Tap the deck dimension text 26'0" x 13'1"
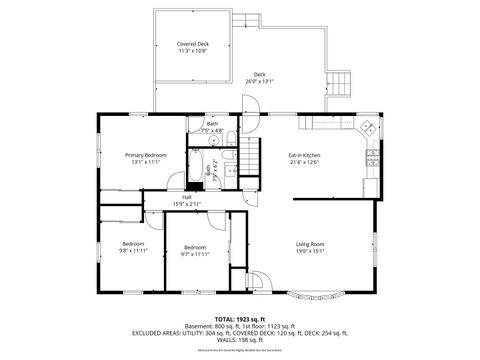(259, 81)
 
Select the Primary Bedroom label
(145, 155)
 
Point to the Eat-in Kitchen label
(304, 155)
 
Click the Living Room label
(309, 243)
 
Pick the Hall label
(186, 197)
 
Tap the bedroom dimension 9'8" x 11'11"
(133, 251)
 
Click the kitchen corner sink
(367, 127)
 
